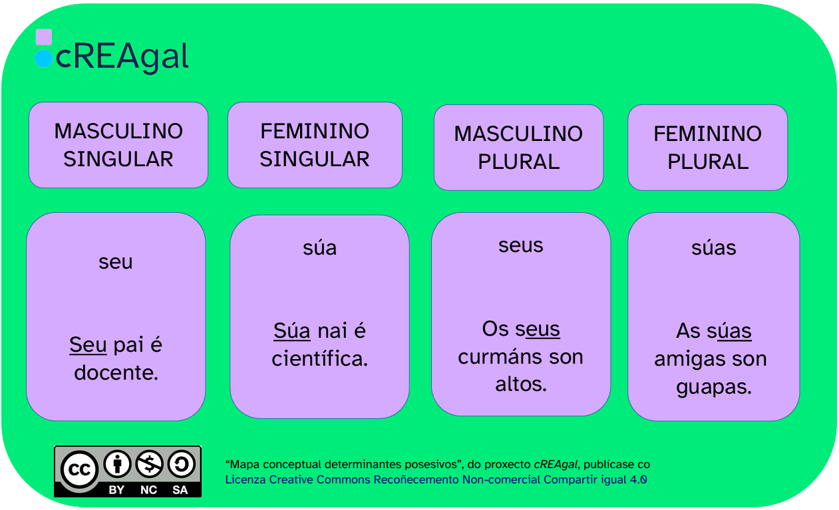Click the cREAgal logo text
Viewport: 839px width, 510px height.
click(122, 57)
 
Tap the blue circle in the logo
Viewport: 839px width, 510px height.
click(43, 59)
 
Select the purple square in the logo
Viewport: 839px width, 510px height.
click(43, 37)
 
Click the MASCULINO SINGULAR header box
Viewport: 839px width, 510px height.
click(118, 145)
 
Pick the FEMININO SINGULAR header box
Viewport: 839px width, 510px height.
click(315, 145)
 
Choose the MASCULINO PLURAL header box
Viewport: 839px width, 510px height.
click(519, 148)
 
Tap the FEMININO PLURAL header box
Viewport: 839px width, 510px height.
click(707, 148)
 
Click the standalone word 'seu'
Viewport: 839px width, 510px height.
click(116, 262)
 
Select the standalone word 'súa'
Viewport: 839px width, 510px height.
click(320, 247)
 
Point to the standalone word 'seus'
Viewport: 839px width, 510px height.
click(520, 245)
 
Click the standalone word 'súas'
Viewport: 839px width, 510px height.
click(714, 247)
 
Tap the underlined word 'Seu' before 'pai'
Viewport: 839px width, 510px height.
click(88, 344)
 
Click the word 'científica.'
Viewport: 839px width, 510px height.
click(320, 358)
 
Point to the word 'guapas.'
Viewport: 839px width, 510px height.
click(714, 387)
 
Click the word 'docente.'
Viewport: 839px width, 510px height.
click(116, 372)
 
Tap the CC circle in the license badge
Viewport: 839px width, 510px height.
click(79, 469)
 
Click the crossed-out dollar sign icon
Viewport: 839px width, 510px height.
click(150, 464)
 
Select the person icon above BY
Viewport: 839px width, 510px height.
click(117, 464)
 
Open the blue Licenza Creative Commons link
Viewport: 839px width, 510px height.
click(436, 479)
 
